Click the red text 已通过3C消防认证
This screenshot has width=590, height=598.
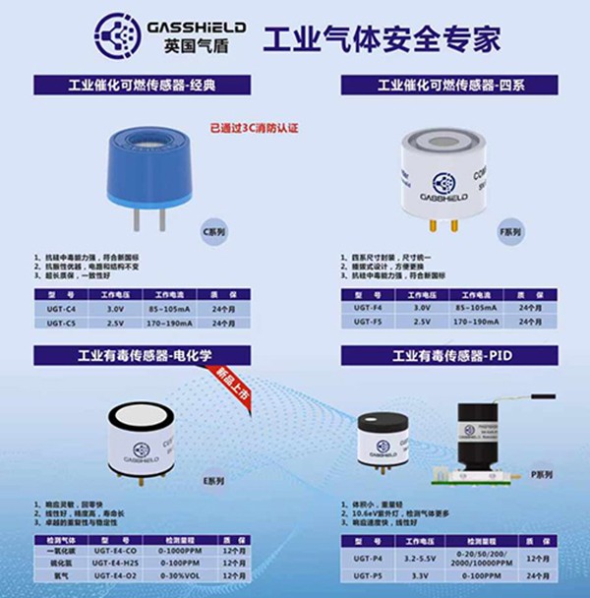click(254, 128)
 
